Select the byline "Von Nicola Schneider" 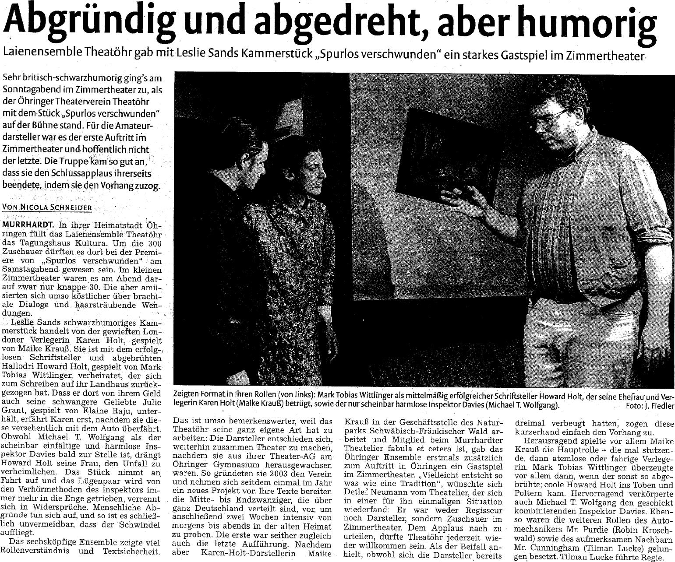click(48, 207)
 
